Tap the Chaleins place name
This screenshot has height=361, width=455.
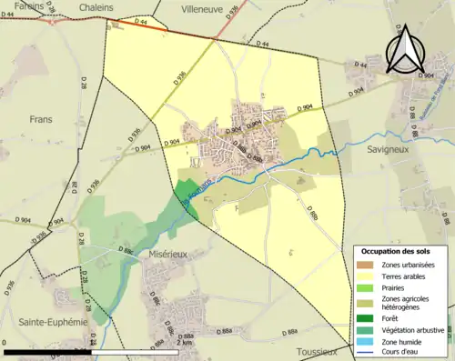click(x=96, y=6)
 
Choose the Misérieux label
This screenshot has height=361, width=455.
click(x=163, y=255)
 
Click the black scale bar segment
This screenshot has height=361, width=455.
click(x=45, y=351)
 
